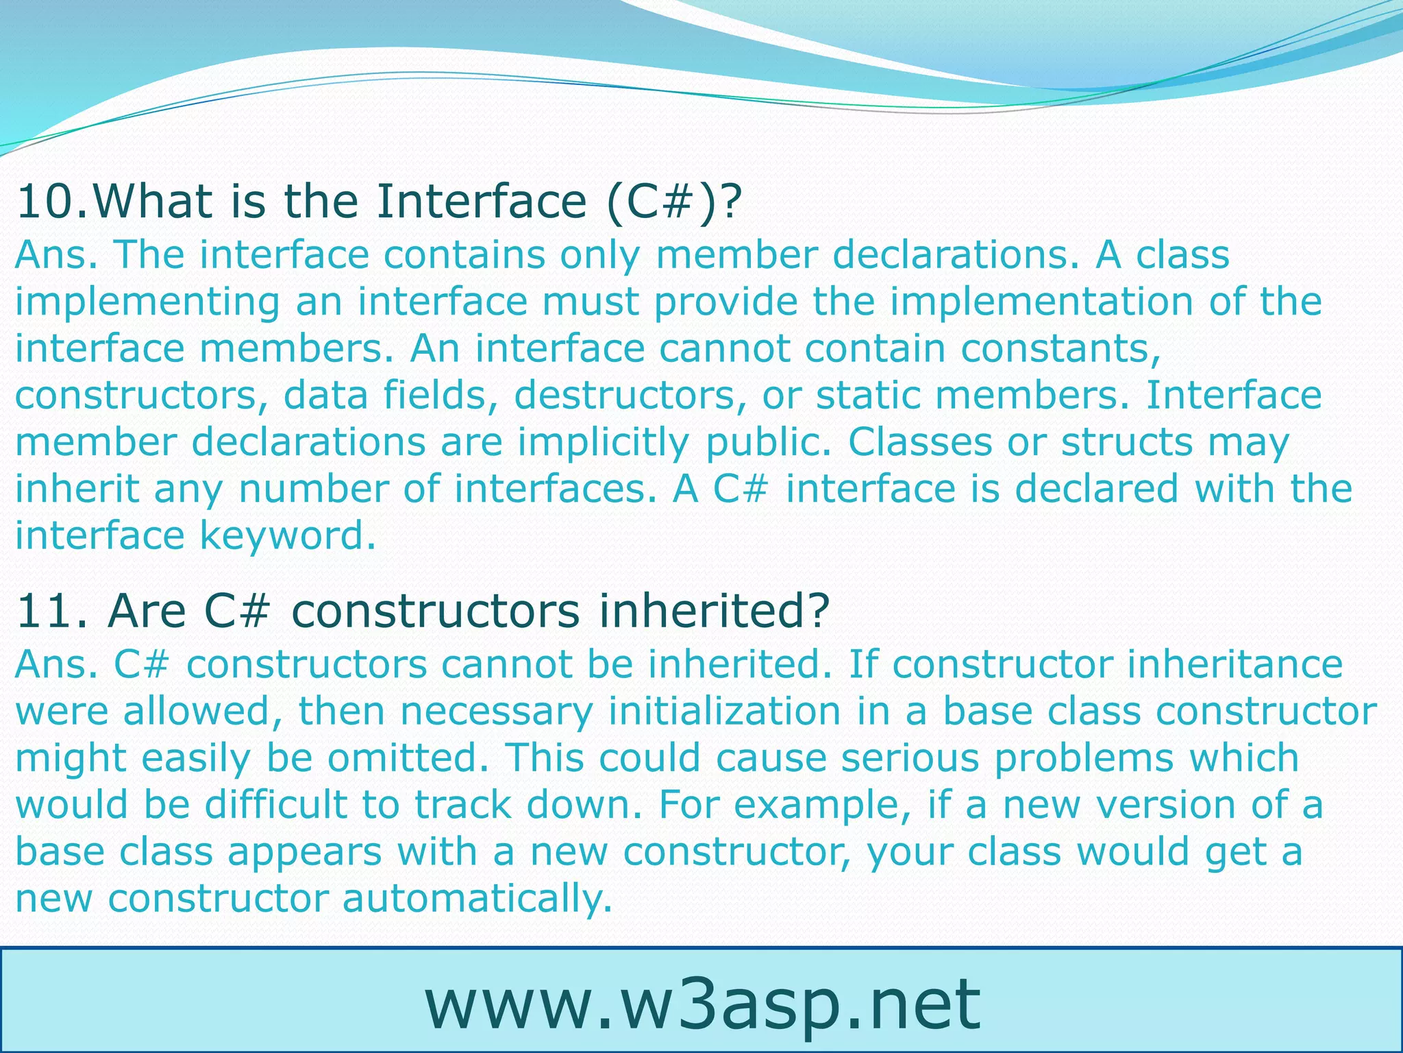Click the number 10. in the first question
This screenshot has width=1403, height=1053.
tap(51, 202)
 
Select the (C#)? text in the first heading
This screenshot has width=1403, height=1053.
tap(674, 202)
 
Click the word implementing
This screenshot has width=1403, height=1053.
tap(147, 302)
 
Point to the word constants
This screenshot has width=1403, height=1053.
tap(1060, 349)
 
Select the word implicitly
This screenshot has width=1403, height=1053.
tap(603, 443)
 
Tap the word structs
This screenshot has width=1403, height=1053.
tap(1127, 443)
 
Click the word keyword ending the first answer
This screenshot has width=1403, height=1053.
tap(288, 536)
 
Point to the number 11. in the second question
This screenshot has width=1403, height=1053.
tap(51, 611)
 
